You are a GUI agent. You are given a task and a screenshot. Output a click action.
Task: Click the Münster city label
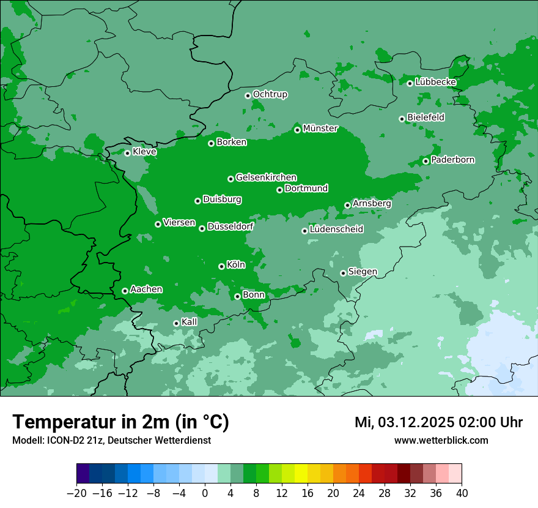click(320, 129)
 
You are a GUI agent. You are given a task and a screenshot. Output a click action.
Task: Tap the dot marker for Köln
click(221, 266)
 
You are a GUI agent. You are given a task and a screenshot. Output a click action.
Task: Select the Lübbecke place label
click(435, 82)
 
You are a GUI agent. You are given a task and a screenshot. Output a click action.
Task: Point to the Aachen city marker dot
click(125, 291)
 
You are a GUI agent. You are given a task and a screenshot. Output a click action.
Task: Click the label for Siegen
click(363, 272)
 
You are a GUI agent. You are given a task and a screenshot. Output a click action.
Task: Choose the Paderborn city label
click(452, 160)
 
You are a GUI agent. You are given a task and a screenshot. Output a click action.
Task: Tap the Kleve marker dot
click(127, 153)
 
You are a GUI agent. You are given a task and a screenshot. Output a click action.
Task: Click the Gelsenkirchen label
click(266, 177)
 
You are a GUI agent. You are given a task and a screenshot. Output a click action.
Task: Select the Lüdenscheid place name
click(336, 230)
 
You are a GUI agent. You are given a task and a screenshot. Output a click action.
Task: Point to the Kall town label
click(190, 322)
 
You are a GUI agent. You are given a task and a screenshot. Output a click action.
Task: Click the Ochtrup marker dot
click(248, 95)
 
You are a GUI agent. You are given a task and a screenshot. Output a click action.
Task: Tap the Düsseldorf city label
click(230, 226)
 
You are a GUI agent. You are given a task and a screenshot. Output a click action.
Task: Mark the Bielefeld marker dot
click(402, 119)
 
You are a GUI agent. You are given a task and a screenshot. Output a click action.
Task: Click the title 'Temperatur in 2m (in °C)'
click(120, 422)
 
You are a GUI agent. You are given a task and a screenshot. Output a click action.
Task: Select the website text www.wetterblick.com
click(441, 440)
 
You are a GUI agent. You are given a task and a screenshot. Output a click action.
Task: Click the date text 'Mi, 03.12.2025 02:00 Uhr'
click(438, 422)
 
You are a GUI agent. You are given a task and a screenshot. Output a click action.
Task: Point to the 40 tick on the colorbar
click(462, 493)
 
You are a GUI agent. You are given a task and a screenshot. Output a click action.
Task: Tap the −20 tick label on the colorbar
click(76, 493)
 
